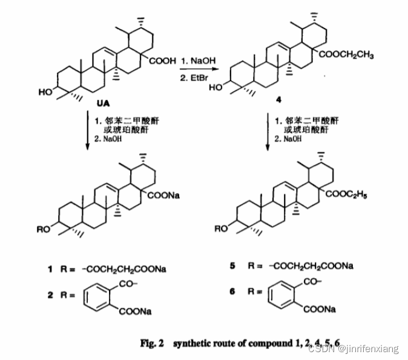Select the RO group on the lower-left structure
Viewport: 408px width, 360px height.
tap(44, 230)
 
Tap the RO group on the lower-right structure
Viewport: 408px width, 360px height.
tap(222, 229)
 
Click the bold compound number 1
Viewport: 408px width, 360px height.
tap(52, 267)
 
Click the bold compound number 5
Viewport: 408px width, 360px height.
tap(232, 266)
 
